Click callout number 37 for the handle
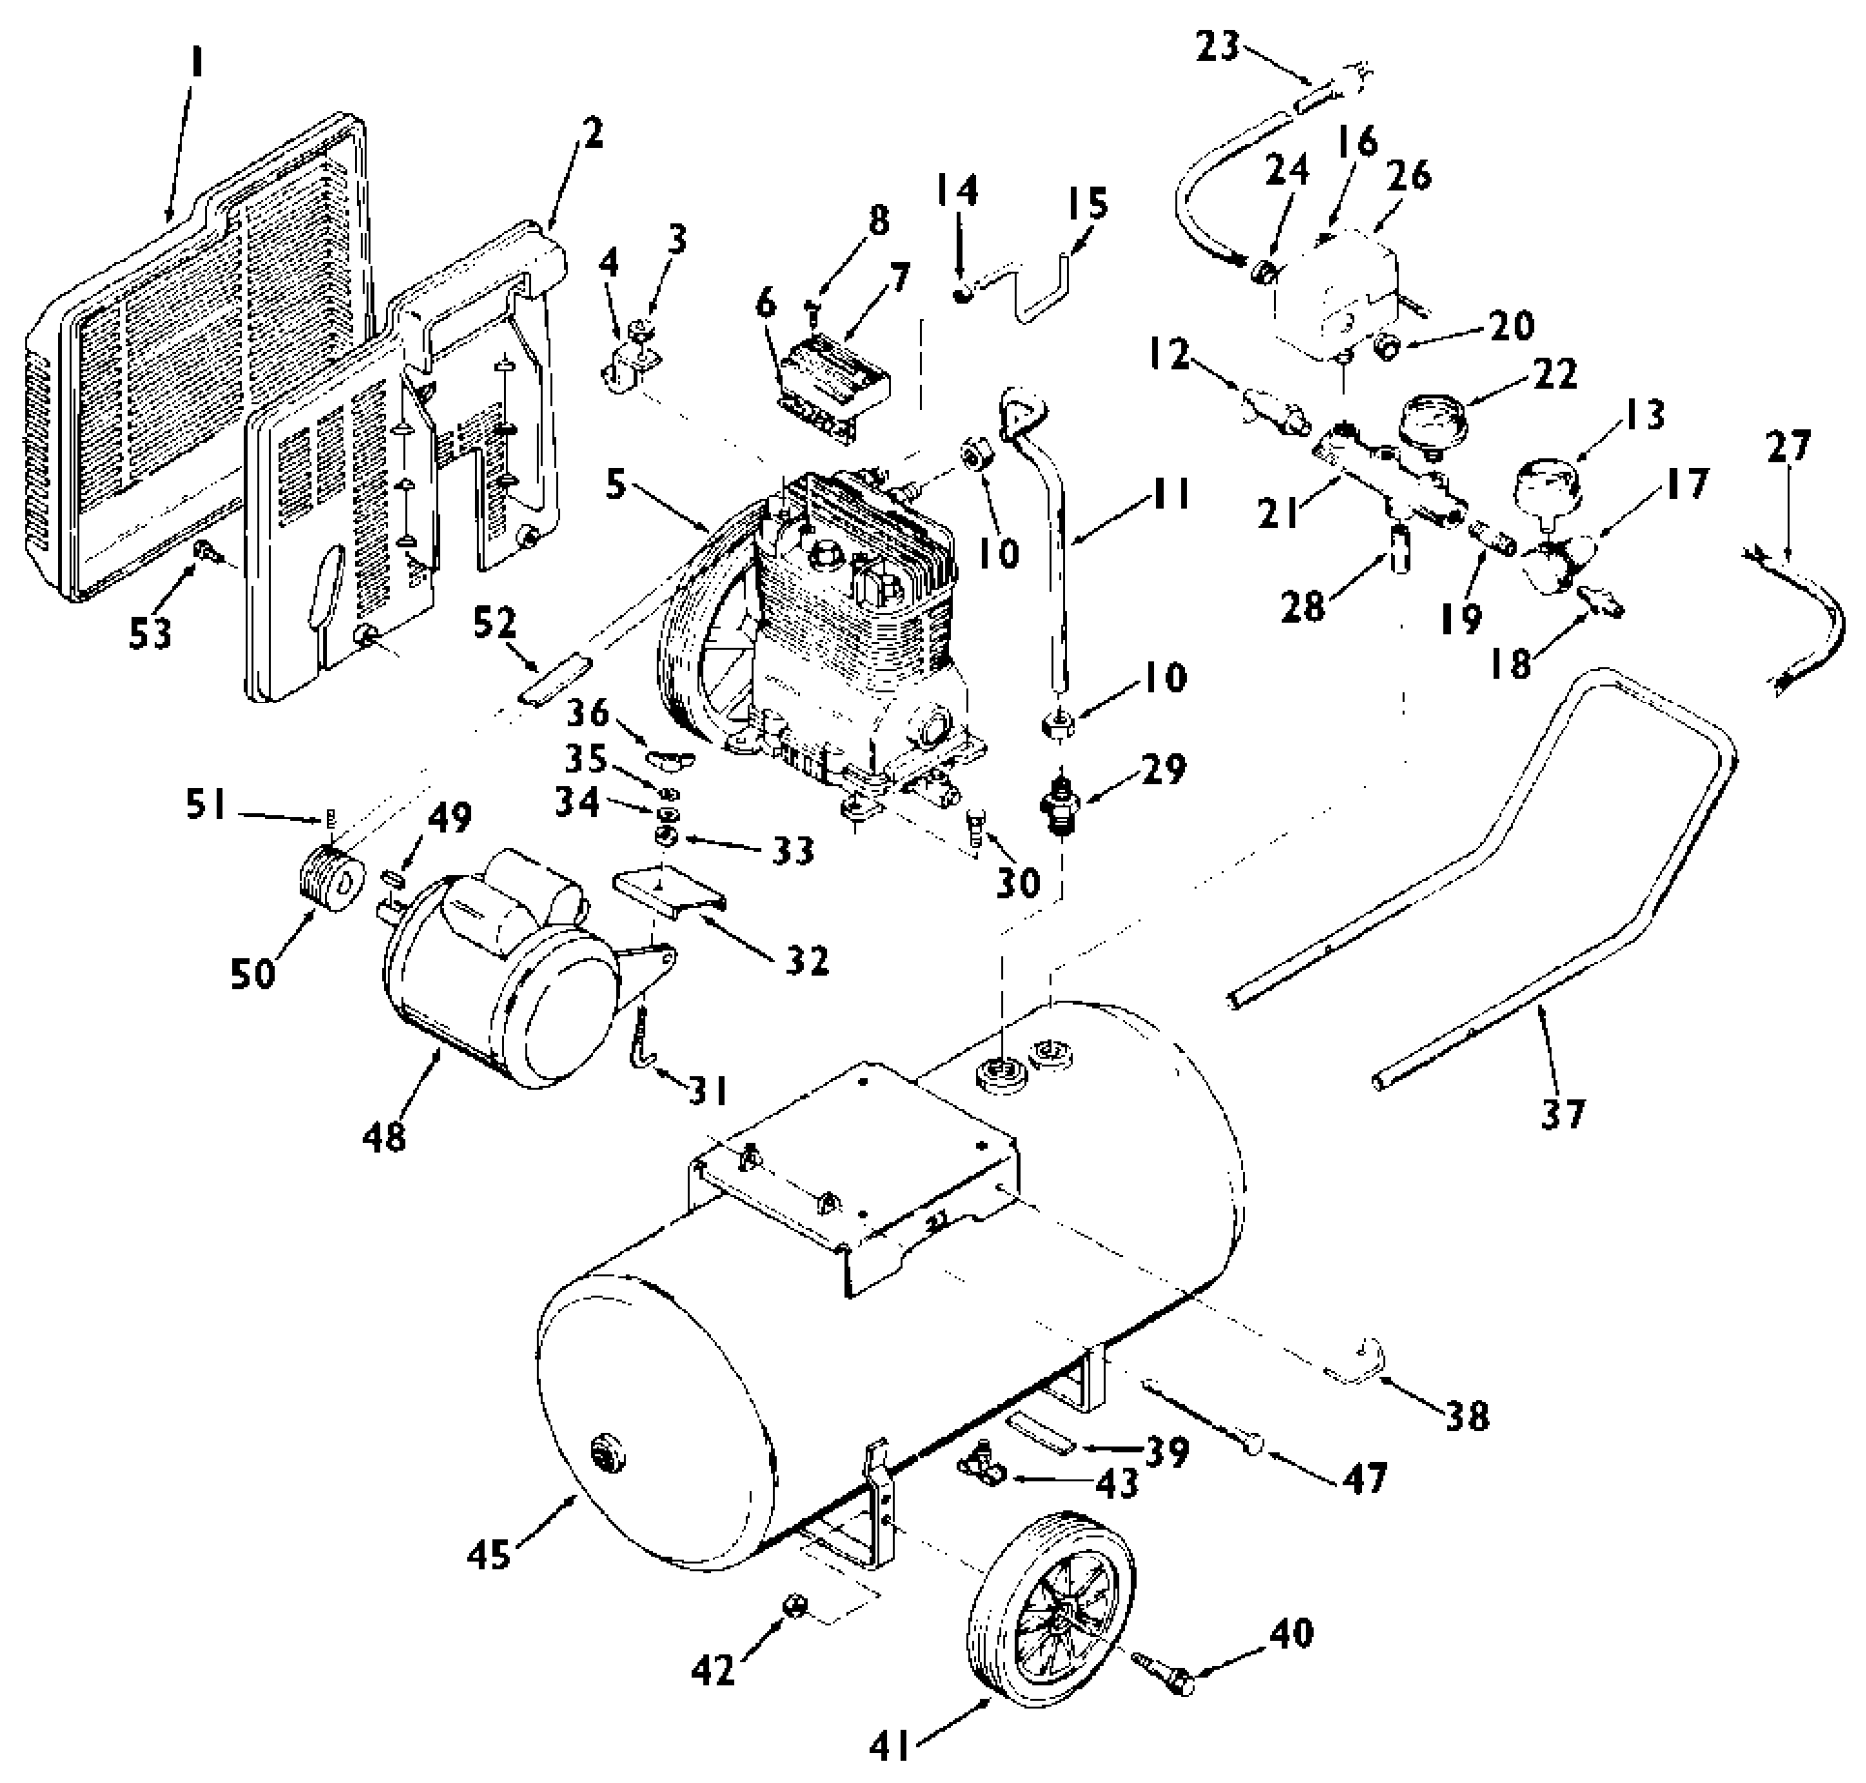pos(1562,1114)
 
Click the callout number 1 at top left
pos(197,66)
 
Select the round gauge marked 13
pos(1547,487)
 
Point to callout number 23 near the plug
pos(1217,44)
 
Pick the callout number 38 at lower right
pos(1466,1416)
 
